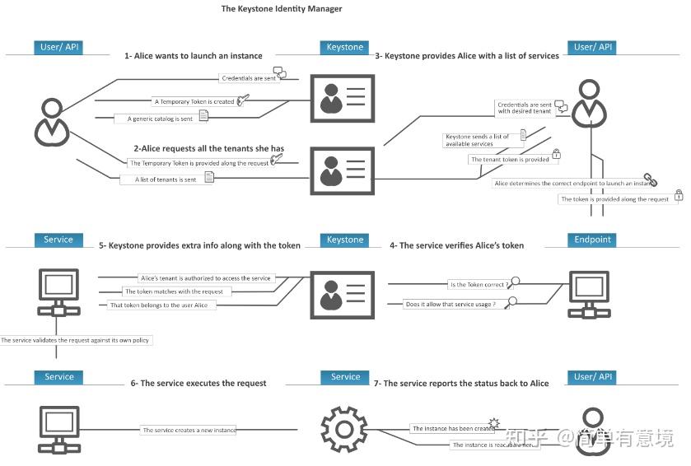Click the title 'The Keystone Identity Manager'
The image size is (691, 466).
(x=281, y=9)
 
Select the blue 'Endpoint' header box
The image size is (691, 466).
(x=593, y=240)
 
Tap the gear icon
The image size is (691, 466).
(x=343, y=429)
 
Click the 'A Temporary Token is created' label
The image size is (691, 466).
(x=194, y=102)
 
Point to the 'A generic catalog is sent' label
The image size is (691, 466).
(x=161, y=119)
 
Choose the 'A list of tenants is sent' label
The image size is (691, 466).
(x=166, y=179)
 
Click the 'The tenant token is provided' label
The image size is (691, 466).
(x=510, y=160)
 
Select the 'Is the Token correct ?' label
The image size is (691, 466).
(x=477, y=285)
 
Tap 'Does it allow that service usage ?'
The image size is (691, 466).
(x=451, y=305)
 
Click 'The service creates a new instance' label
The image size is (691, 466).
(x=189, y=430)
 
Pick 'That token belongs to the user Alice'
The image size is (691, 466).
(x=159, y=305)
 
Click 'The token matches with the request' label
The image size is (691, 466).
(x=174, y=291)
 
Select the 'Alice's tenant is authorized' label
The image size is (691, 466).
(x=205, y=278)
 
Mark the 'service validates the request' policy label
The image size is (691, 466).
(x=76, y=340)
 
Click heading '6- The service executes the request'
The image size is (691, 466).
(x=198, y=384)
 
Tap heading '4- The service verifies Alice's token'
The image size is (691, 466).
(x=456, y=245)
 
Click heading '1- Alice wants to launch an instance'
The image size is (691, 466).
(x=193, y=56)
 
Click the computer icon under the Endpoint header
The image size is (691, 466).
(x=591, y=293)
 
